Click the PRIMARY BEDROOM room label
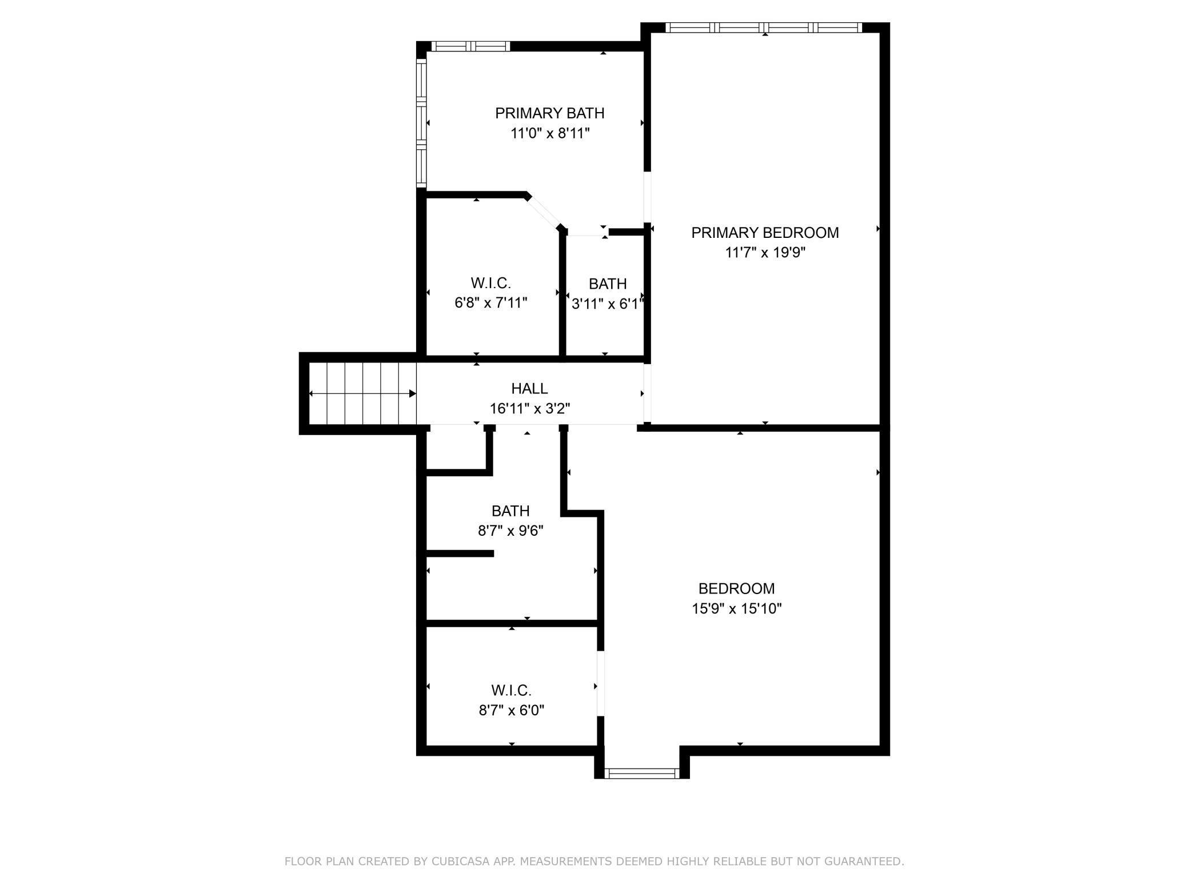tap(765, 233)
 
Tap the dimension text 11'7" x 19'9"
tap(765, 253)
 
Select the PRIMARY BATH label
tap(549, 113)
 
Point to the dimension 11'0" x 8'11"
tap(549, 133)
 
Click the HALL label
tap(529, 389)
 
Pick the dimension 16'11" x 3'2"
tap(529, 409)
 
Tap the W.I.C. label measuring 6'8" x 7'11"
tap(490, 283)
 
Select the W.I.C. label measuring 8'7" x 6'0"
tap(511, 691)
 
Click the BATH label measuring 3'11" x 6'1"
tap(608, 284)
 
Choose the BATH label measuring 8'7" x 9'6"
tap(510, 511)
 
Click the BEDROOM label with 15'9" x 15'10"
tap(736, 588)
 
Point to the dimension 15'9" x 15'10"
tap(736, 608)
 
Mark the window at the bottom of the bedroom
tap(641, 774)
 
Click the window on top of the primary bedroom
tap(764, 27)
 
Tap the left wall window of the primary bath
tap(421, 123)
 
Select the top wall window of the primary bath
tap(470, 46)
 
